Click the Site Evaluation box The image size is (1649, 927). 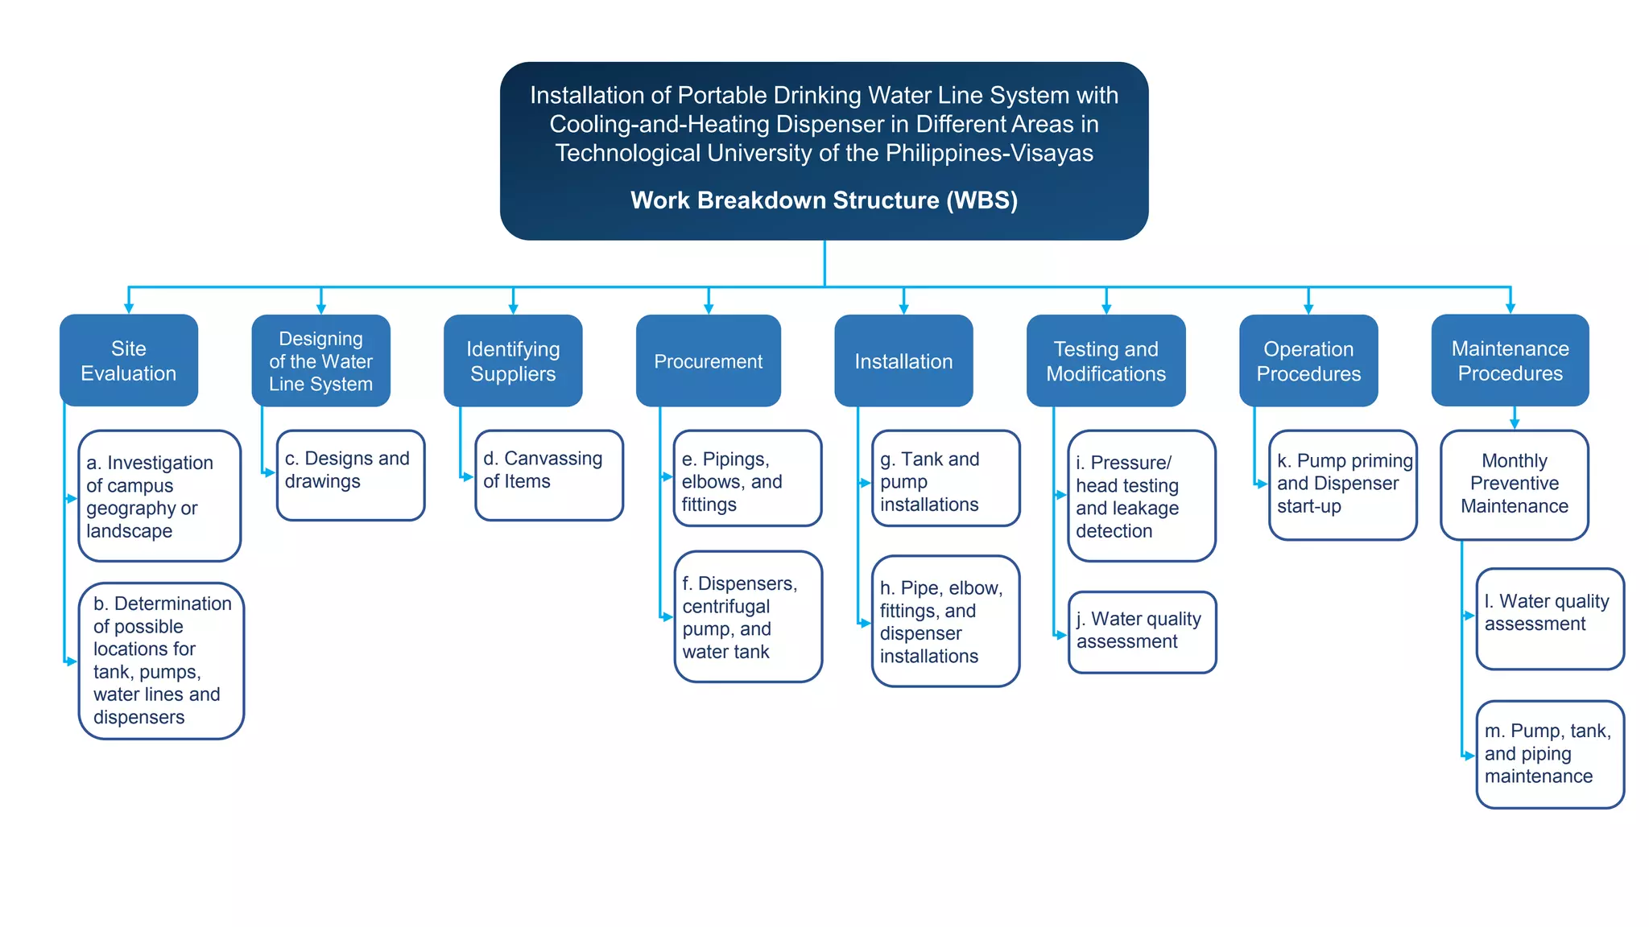(129, 360)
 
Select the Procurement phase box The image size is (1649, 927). (708, 361)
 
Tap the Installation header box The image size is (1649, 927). (903, 361)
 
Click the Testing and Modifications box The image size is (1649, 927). (1106, 361)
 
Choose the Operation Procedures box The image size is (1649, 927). (1308, 361)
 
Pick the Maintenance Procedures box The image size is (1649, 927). (1510, 360)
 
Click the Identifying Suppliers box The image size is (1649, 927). (513, 361)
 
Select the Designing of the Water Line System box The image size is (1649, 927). (320, 361)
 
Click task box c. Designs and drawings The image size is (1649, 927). (350, 475)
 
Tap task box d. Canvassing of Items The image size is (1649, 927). (549, 475)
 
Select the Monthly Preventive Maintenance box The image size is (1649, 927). (1514, 484)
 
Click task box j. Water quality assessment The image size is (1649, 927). (1142, 632)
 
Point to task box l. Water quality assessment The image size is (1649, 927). (1549, 618)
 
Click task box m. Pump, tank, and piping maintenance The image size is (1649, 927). (1549, 754)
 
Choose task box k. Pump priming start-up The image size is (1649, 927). (1342, 484)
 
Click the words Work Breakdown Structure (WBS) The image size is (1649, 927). (824, 200)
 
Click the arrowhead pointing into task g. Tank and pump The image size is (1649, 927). (866, 483)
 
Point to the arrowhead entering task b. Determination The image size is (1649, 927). (72, 661)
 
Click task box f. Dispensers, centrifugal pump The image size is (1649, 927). (748, 617)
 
